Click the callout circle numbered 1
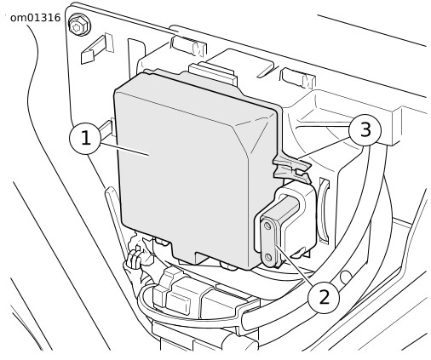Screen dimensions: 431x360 [x=85, y=138]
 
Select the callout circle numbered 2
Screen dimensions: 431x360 [x=324, y=297]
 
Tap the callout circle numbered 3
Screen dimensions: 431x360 [x=365, y=130]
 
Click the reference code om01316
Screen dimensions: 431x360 [x=35, y=18]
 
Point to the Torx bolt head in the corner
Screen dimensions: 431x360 [x=79, y=25]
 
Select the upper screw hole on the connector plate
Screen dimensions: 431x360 [x=267, y=226]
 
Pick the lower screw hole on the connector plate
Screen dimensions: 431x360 [x=268, y=257]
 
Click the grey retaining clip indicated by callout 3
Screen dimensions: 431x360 [x=292, y=169]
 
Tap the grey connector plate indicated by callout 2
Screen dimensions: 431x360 [x=269, y=242]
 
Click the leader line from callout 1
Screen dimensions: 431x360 [x=125, y=150]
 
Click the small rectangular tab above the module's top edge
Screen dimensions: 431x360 [x=212, y=74]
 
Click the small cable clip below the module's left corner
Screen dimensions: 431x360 [x=134, y=258]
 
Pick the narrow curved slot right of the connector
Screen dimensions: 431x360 [x=325, y=210]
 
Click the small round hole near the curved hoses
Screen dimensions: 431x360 [x=345, y=277]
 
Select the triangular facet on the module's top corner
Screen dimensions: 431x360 [x=254, y=134]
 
